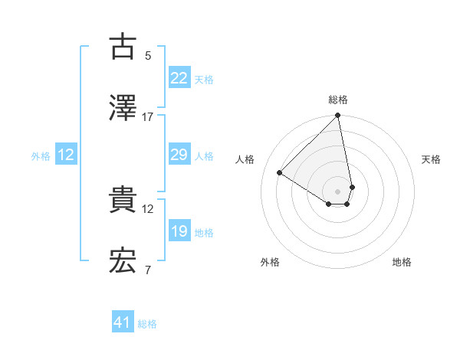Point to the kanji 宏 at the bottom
pos(123,261)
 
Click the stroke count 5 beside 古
pos(147,55)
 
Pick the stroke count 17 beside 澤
pos(148,116)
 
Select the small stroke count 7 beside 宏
pos(147,270)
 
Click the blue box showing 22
pos(179,78)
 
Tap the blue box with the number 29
pos(179,155)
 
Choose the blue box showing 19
pos(179,231)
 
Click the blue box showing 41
pos(123,322)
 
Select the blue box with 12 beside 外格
pos(66,155)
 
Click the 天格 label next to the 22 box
pos(204,80)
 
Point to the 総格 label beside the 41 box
pos(147,324)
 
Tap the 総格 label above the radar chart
pos(338,100)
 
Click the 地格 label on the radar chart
pos(402,263)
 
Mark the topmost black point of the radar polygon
pos(338,116)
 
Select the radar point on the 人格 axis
pos(280,173)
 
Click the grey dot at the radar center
pos(338,191)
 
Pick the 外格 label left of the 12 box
pos(41,156)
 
